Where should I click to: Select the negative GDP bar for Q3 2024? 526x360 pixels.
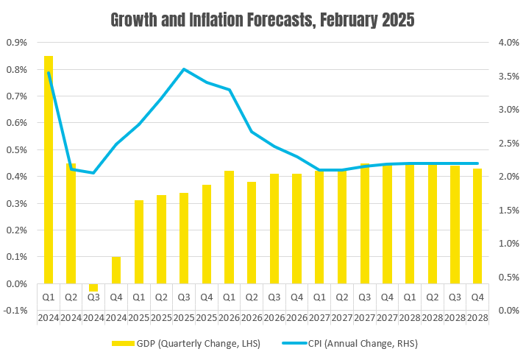(93, 287)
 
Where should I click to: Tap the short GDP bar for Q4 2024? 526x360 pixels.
(116, 270)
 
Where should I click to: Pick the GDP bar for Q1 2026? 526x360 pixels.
(229, 227)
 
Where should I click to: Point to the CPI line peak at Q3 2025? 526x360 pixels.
(184, 69)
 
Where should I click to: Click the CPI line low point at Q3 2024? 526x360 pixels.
(93, 173)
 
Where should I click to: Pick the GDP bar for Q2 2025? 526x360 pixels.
(161, 239)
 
